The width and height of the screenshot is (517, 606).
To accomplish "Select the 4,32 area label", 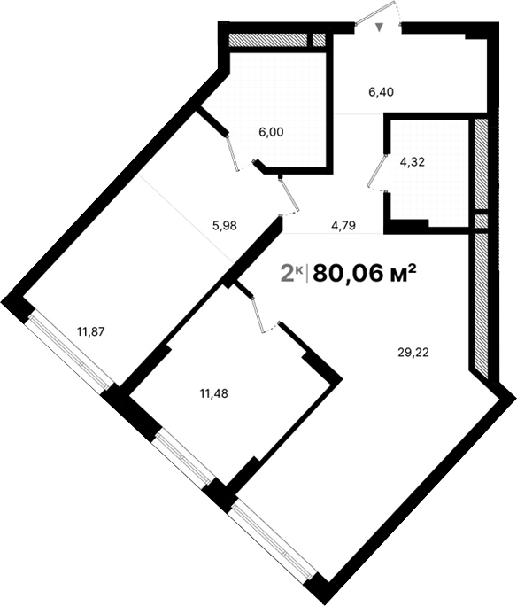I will click(x=413, y=163).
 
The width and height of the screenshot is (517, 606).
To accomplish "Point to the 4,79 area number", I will click(x=343, y=225).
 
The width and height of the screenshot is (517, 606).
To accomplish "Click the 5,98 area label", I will click(x=225, y=225).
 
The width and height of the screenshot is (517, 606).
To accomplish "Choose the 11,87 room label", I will click(x=91, y=332).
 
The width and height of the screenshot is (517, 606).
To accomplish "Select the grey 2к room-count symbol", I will click(x=292, y=274).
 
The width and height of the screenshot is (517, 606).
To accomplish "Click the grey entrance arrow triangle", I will click(x=380, y=28).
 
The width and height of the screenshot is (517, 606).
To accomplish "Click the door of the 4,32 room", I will click(x=378, y=170).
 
